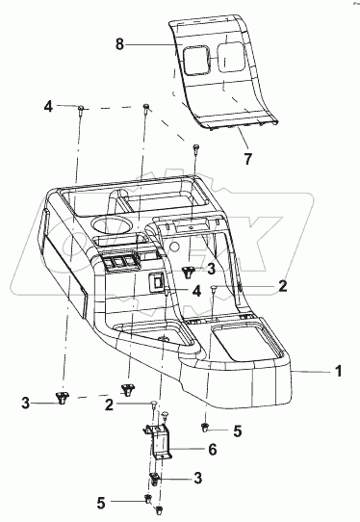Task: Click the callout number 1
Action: tap(338, 371)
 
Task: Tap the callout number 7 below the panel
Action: tap(248, 159)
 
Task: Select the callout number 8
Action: tap(119, 44)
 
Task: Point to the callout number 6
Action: tap(213, 449)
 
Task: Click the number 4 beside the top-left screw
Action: tap(48, 106)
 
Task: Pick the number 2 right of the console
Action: tap(282, 286)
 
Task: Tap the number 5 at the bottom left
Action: tap(101, 503)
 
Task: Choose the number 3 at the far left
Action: tap(26, 403)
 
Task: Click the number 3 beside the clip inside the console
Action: tap(211, 270)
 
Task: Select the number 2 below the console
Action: tap(109, 405)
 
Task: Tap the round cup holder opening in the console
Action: tap(111, 226)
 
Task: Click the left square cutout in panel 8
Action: tap(196, 60)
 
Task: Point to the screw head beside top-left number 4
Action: tap(81, 107)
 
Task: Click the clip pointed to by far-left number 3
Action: tap(62, 398)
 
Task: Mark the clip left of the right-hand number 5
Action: tap(205, 427)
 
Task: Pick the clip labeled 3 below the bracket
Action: tap(154, 479)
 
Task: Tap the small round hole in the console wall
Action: tap(174, 247)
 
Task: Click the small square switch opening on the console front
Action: tap(156, 281)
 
